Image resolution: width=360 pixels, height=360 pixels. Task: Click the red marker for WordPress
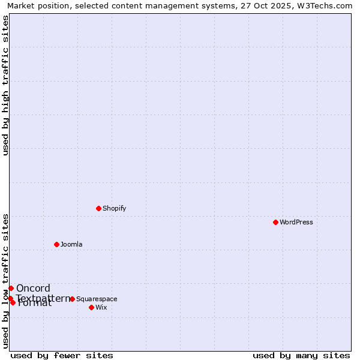point(275,222)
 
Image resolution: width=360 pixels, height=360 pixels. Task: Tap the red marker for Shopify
point(98,208)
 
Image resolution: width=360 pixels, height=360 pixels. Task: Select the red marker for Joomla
point(56,244)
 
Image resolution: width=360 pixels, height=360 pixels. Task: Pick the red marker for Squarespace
point(72,299)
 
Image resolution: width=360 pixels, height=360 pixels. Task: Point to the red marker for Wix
point(91,307)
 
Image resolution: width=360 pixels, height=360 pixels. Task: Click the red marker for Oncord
point(11,288)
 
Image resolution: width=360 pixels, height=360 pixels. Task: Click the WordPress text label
point(296,222)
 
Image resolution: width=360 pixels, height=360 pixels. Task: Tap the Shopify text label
point(114,208)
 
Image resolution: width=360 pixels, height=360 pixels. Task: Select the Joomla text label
point(71,244)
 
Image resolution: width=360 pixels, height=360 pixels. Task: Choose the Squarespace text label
point(97,299)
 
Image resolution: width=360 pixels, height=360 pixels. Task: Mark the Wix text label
point(101,307)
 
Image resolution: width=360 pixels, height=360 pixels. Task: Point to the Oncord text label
point(33,288)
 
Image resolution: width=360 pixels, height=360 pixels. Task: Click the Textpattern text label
point(43,298)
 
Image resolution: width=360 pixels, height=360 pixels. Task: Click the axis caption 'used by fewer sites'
point(62,355)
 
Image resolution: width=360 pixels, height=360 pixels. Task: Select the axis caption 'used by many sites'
point(301,355)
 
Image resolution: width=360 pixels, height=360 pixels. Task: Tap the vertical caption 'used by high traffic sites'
point(5,85)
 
